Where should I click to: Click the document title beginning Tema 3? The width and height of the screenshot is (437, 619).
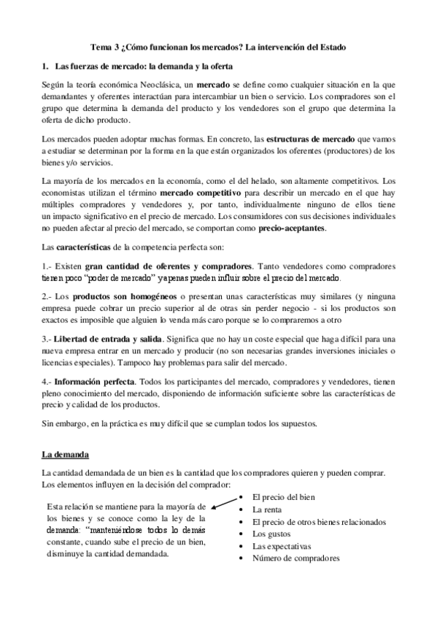[219, 47]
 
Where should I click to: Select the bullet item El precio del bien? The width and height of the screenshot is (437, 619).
[284, 497]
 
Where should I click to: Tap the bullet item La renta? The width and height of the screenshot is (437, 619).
[267, 509]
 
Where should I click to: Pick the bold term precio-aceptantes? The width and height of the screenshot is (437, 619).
[292, 228]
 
